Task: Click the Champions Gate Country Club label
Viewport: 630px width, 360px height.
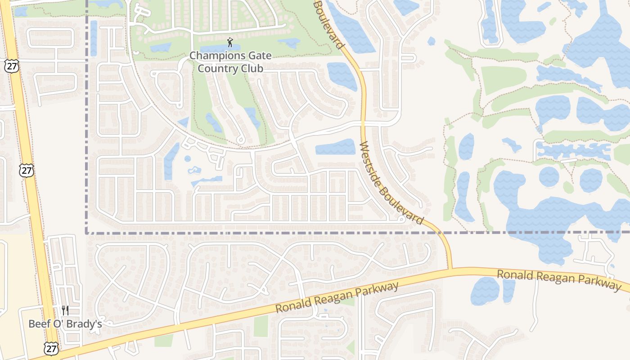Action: tap(230, 62)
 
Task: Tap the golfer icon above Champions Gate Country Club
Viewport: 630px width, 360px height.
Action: tap(230, 43)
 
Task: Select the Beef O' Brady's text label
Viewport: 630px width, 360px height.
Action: tap(65, 324)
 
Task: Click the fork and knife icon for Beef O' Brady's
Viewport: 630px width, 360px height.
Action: tap(65, 310)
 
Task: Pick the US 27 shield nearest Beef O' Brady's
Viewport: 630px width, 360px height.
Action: tap(51, 347)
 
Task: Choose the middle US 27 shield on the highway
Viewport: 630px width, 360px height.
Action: tap(27, 170)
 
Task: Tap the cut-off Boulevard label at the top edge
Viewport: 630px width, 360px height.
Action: tap(328, 23)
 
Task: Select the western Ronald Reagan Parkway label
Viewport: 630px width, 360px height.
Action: tap(337, 297)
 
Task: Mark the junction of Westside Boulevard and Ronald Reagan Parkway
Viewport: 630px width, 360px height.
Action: tap(450, 269)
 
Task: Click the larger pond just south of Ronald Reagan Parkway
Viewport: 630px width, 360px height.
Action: tap(485, 291)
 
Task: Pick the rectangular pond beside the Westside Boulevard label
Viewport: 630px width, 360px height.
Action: tap(335, 147)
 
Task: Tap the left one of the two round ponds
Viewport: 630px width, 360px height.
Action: tap(549, 176)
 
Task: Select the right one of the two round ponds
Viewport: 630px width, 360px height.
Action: tap(591, 180)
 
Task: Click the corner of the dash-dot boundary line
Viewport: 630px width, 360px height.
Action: tap(86, 233)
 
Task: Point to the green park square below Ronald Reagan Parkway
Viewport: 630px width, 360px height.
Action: tap(261, 326)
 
